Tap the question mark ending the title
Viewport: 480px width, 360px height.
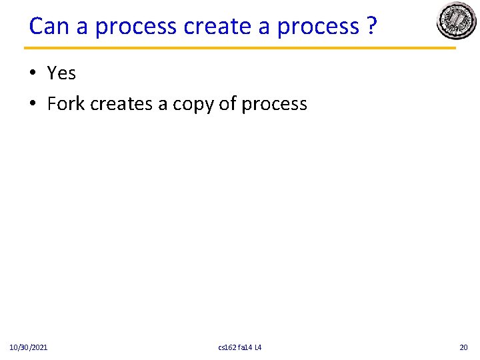click(x=371, y=26)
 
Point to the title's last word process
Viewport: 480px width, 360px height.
click(x=318, y=27)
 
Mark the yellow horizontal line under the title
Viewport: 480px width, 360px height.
click(x=240, y=48)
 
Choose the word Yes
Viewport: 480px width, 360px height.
click(x=61, y=73)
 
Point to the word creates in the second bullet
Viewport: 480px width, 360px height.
click(x=121, y=104)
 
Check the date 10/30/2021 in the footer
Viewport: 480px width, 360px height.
click(x=28, y=347)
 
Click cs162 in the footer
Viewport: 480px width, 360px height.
click(x=227, y=347)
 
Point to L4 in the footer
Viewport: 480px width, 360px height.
click(x=259, y=347)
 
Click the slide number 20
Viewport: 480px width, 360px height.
click(x=464, y=347)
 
